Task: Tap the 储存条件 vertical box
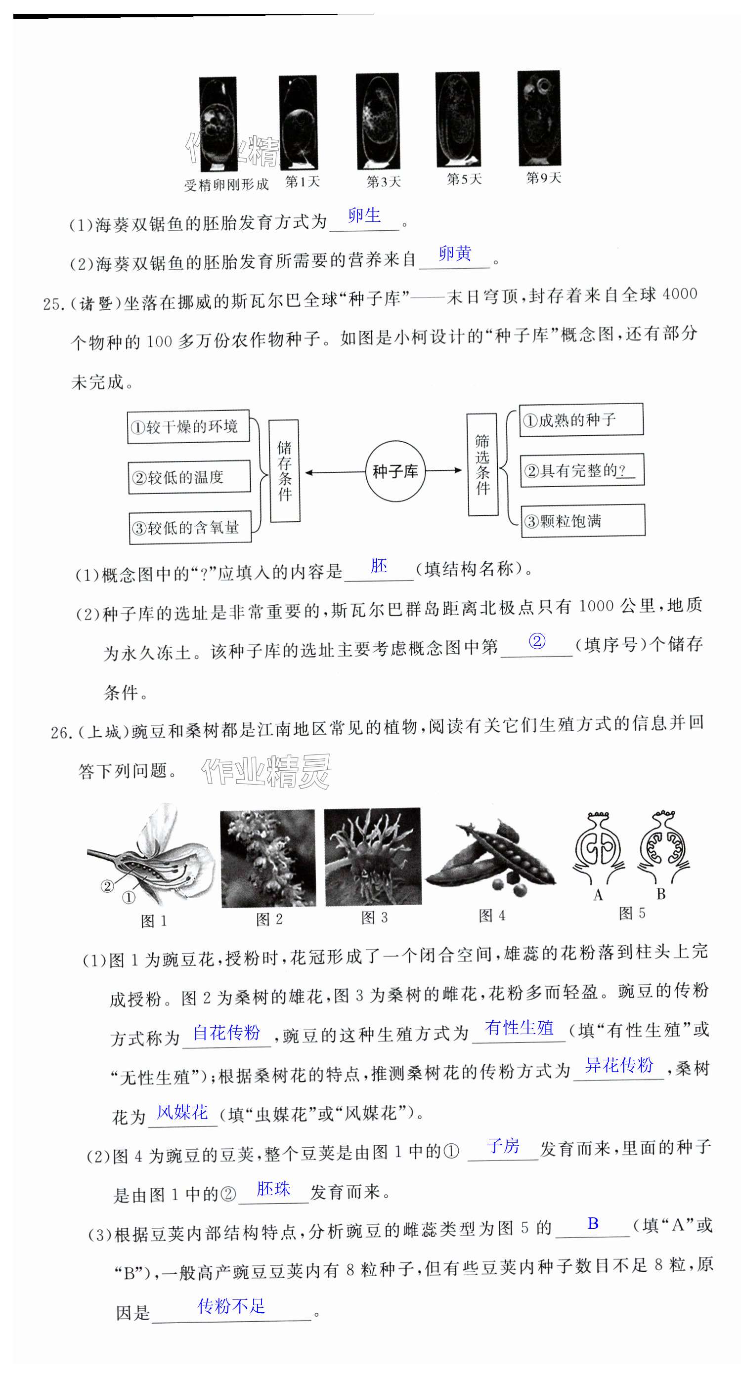(x=284, y=470)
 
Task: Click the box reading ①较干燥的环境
(x=188, y=426)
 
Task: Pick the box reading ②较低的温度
(x=189, y=476)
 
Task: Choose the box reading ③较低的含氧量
(x=190, y=528)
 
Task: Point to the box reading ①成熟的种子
(x=581, y=420)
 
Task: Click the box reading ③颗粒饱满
(x=583, y=520)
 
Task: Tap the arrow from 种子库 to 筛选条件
(x=443, y=470)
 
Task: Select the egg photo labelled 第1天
(x=298, y=123)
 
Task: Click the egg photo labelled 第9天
(x=538, y=118)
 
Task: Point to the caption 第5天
(x=464, y=179)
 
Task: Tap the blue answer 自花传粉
(x=226, y=1032)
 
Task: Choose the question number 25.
(x=54, y=304)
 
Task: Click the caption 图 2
(x=269, y=919)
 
